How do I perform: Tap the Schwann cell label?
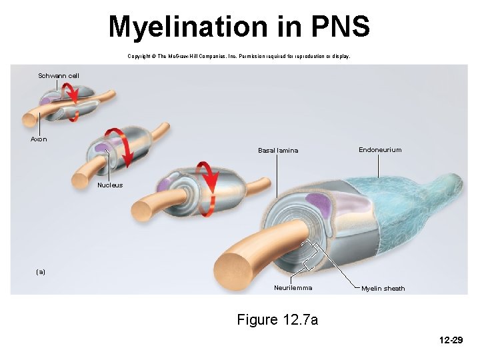click(59, 76)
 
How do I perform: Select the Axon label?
click(39, 139)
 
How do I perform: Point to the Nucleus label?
click(110, 185)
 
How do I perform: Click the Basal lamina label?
click(278, 151)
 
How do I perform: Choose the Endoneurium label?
click(380, 150)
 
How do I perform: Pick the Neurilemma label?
click(293, 288)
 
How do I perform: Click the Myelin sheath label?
click(383, 289)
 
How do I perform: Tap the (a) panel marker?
click(41, 272)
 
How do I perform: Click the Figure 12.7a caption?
click(277, 320)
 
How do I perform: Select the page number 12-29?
click(451, 341)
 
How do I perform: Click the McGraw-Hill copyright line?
click(239, 56)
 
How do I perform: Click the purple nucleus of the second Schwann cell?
click(101, 147)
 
